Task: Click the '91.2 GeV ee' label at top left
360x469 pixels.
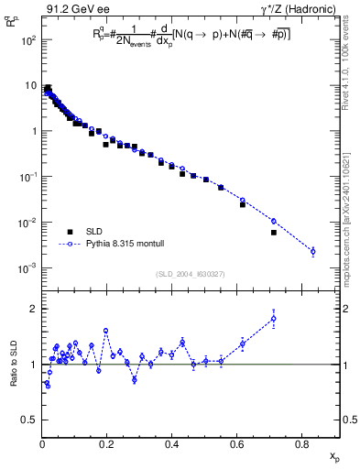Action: pos(72,11)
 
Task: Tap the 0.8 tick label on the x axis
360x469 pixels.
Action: pos(304,446)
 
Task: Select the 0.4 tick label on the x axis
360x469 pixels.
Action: pos(174,446)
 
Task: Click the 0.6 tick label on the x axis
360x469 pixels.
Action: pos(239,446)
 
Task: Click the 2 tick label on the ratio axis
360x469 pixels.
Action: pos(33,309)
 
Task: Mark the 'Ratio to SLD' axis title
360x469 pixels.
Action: pos(13,364)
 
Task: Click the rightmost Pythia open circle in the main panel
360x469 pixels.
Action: pos(313,251)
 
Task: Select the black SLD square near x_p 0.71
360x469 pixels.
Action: pos(274,233)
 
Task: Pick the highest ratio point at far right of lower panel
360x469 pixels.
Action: pos(274,319)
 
